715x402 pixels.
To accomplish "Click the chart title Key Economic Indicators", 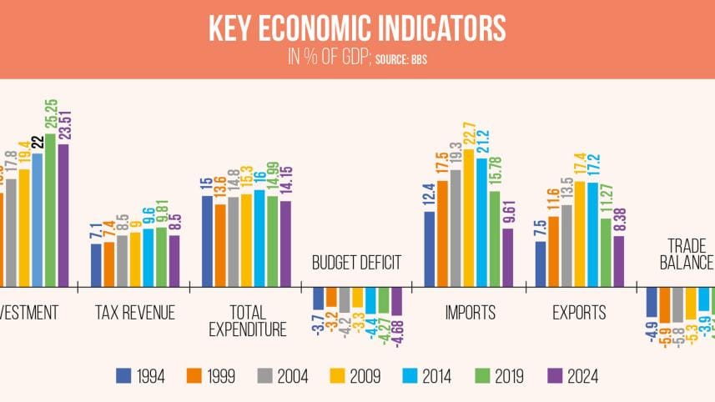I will tap(356, 28).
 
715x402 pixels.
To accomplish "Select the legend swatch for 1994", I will tap(125, 376).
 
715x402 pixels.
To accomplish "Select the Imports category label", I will tap(469, 313).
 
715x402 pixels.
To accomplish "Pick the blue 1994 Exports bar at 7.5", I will tap(541, 263).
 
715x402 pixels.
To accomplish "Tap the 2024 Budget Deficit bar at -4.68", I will tap(396, 300).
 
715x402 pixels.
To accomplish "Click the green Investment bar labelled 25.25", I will tap(50, 209).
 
